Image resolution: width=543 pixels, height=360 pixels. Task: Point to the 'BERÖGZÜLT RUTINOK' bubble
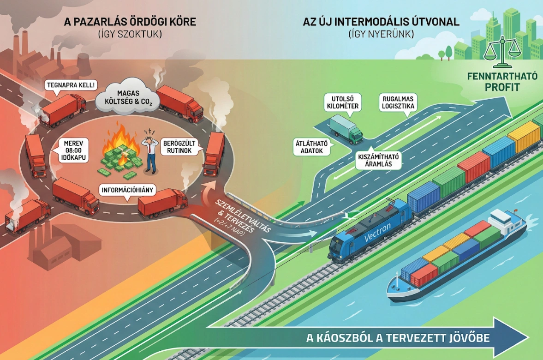(x=177, y=147)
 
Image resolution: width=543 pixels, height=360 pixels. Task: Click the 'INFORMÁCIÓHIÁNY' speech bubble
(x=127, y=189)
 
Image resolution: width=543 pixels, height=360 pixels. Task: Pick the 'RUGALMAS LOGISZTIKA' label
(x=398, y=102)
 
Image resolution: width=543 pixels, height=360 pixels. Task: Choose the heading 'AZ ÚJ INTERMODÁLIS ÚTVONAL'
(x=381, y=22)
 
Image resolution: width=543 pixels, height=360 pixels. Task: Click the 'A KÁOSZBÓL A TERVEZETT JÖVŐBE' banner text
(x=398, y=338)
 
